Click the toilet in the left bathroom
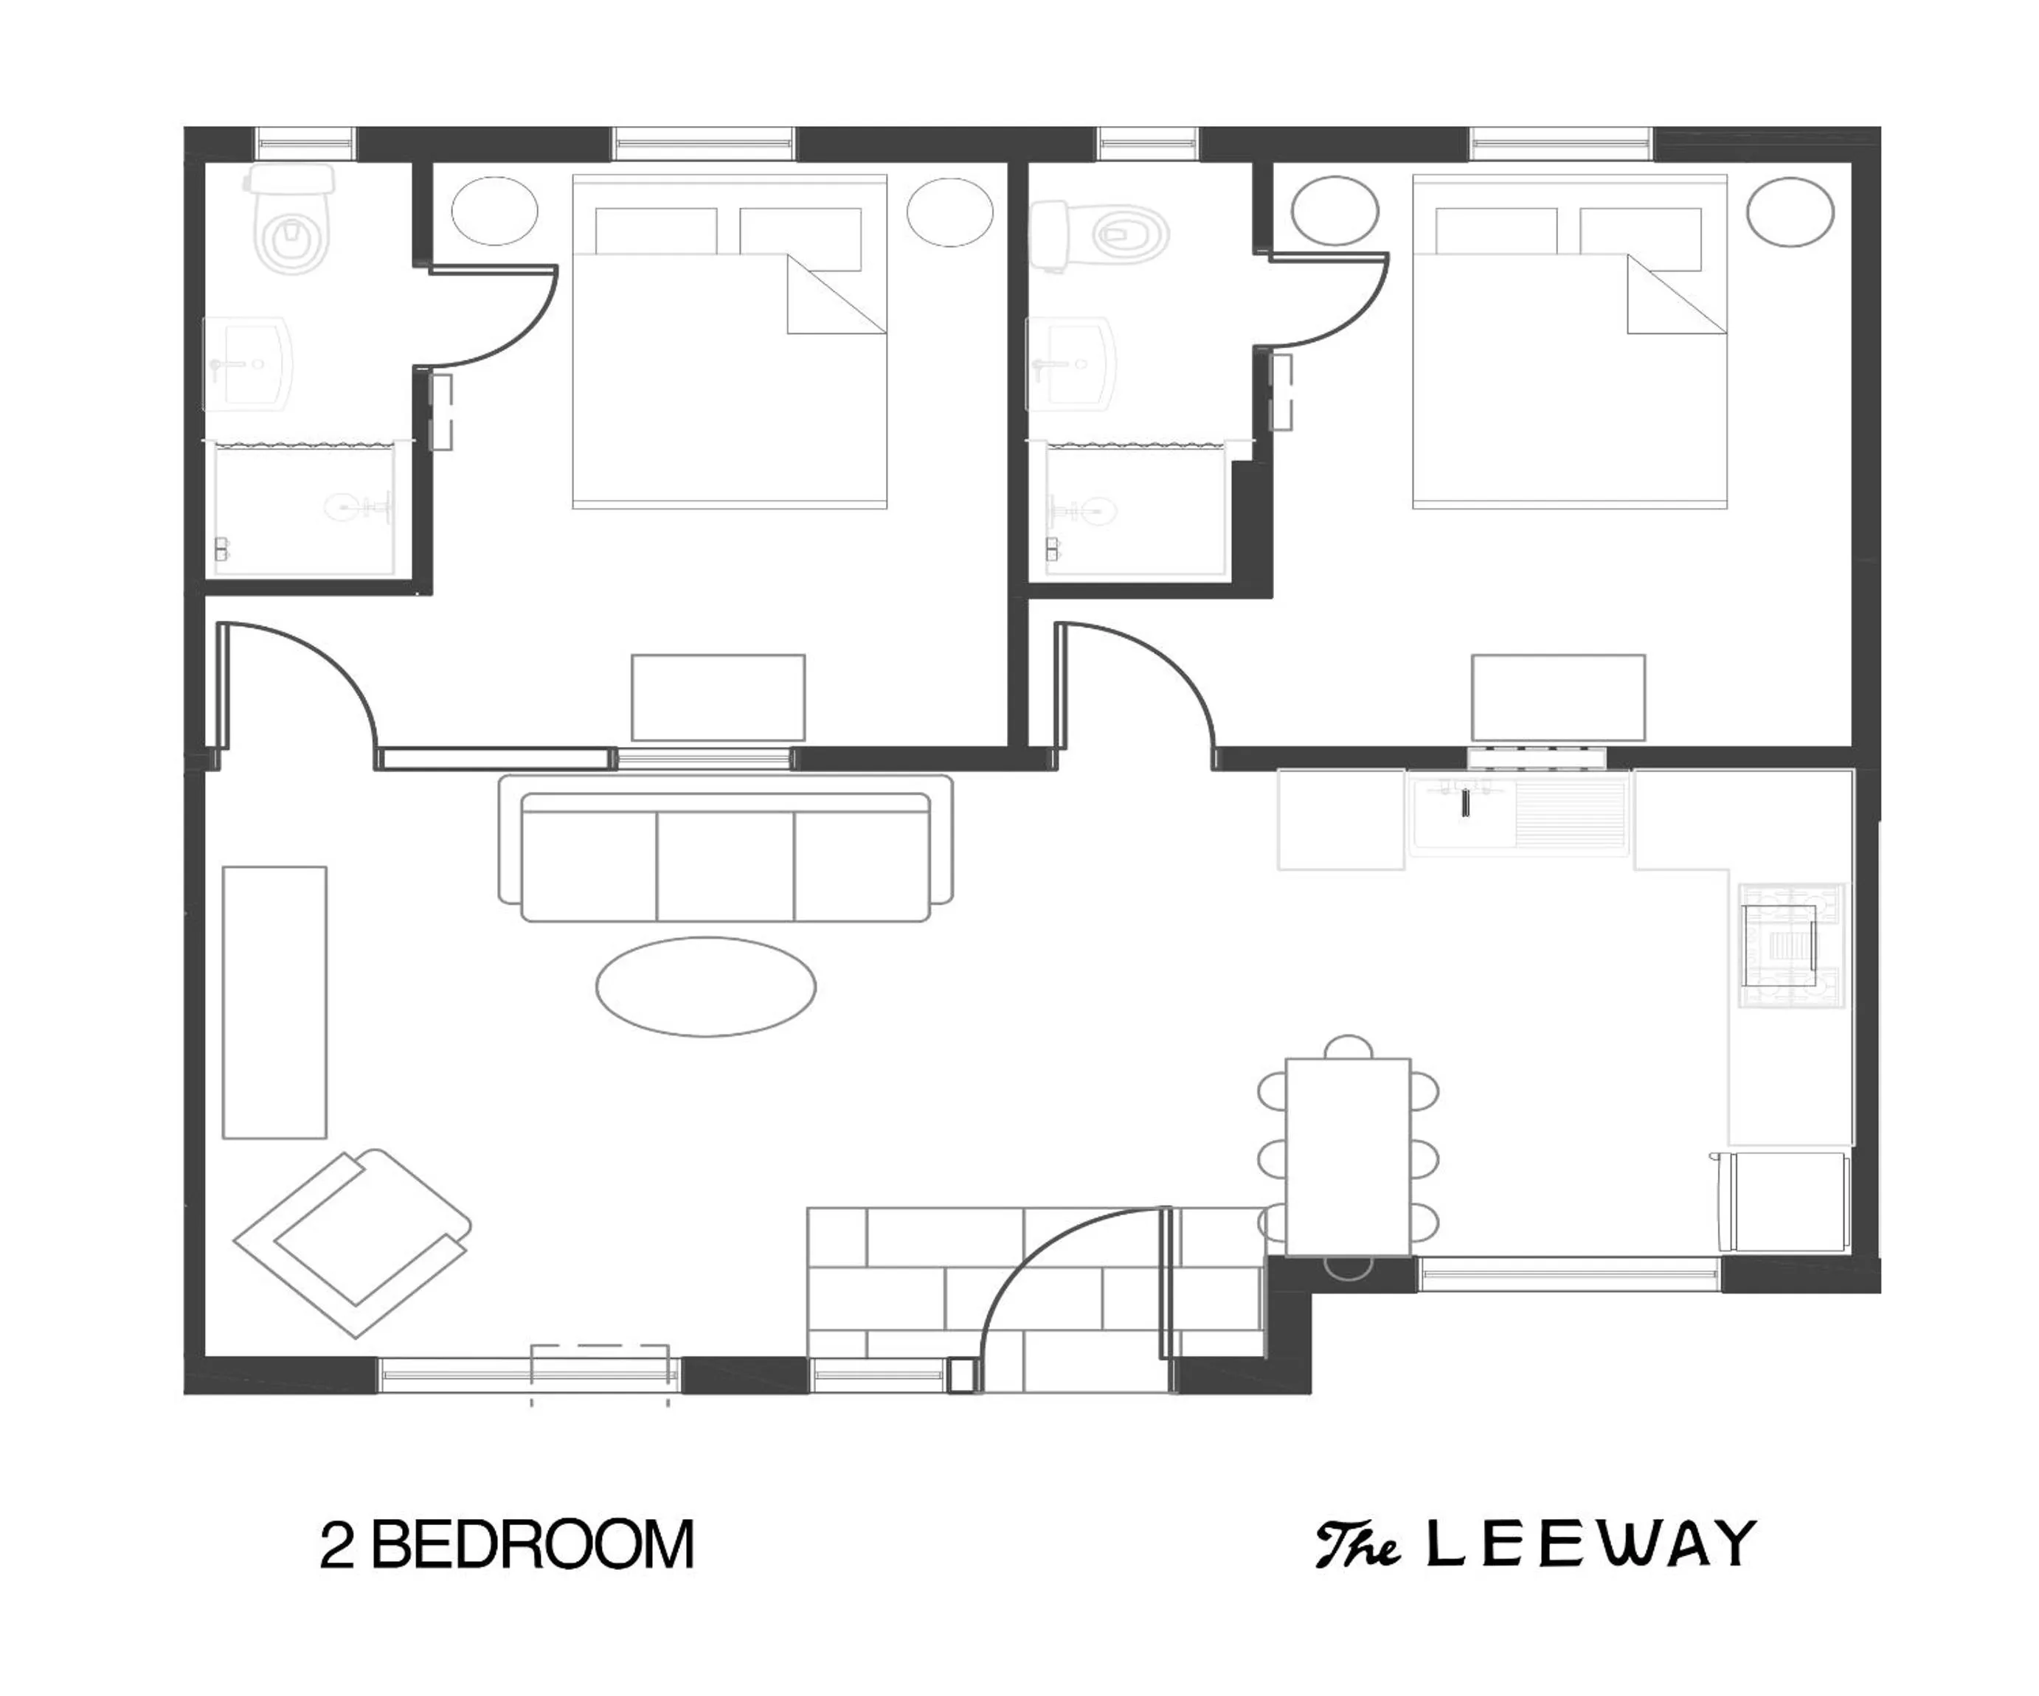[x=292, y=223]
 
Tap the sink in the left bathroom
[x=249, y=364]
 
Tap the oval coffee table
[x=706, y=987]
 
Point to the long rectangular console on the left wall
[x=274, y=1002]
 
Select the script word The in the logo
[x=1357, y=1546]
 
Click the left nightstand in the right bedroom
[x=1334, y=211]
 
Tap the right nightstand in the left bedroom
[x=949, y=211]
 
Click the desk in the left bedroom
[x=718, y=697]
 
